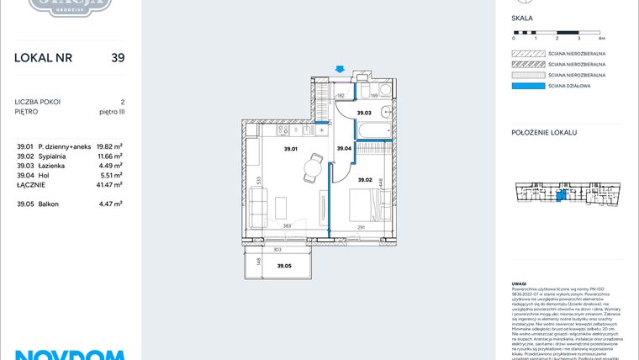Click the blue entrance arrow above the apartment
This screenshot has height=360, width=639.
pos(339,70)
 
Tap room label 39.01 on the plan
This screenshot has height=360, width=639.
pos(291,149)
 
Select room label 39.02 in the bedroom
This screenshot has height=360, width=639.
pos(364,180)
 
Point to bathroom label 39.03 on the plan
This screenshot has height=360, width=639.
pos(364,113)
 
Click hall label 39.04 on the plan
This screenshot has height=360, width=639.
pos(343,149)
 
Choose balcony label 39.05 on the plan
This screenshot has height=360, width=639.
pos(285,266)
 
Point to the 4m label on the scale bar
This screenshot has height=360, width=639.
pos(601,39)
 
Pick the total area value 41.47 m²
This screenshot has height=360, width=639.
pos(109,183)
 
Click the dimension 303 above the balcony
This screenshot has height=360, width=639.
pos(277,250)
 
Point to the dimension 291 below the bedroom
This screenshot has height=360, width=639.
pos(360,226)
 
